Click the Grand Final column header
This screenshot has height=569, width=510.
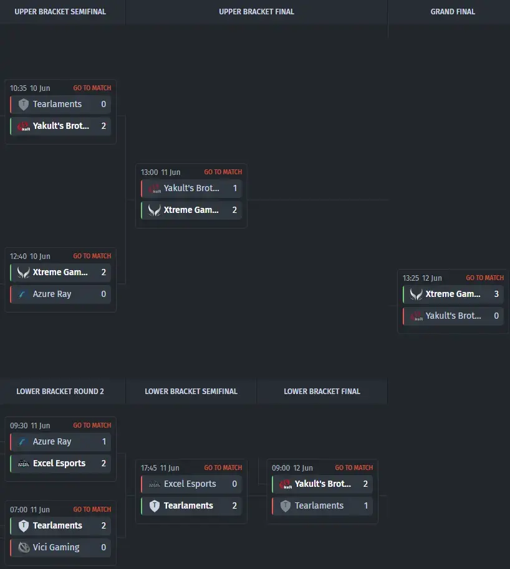(x=453, y=12)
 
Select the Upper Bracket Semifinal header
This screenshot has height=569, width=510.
(x=60, y=12)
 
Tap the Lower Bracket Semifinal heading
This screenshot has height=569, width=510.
(x=191, y=391)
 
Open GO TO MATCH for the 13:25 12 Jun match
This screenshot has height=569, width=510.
(x=485, y=278)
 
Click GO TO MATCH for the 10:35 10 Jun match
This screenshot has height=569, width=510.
(x=92, y=88)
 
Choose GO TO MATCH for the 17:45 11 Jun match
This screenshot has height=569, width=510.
(x=223, y=468)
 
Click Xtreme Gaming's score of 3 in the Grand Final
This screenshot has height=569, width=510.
(x=496, y=294)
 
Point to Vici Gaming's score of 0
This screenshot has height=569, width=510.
(x=103, y=547)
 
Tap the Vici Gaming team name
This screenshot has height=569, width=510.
(x=56, y=547)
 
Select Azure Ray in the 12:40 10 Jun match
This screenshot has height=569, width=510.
(x=52, y=294)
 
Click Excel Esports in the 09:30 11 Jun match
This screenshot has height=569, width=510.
(x=59, y=463)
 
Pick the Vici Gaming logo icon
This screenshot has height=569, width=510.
(x=24, y=547)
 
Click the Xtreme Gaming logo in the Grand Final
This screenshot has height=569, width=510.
(x=416, y=294)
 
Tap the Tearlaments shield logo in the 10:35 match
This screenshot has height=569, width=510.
(x=24, y=105)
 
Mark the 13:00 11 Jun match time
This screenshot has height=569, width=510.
(x=161, y=172)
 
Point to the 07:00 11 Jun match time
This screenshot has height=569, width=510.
(x=30, y=509)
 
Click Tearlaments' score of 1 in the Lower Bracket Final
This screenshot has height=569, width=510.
(x=366, y=506)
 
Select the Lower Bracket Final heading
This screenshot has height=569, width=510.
(x=322, y=391)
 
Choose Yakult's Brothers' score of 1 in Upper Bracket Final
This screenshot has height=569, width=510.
(x=235, y=188)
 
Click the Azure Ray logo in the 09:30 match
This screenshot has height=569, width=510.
(x=22, y=441)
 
